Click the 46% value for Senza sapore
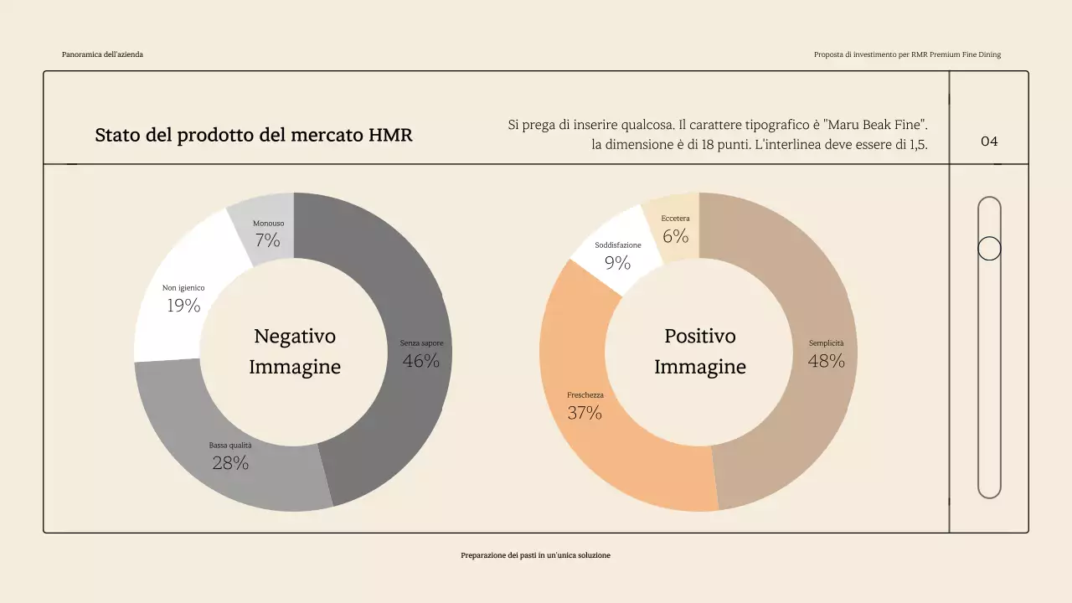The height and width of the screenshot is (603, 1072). pyautogui.click(x=420, y=361)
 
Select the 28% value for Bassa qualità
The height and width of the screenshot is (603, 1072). pyautogui.click(x=230, y=463)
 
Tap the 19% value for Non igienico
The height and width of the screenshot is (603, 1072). pyautogui.click(x=183, y=306)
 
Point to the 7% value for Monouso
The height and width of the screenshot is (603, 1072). pyautogui.click(x=268, y=241)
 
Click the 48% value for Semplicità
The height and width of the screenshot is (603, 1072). pyautogui.click(x=826, y=361)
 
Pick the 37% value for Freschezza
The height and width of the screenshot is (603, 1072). pyautogui.click(x=585, y=413)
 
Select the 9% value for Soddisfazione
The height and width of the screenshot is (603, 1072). pyautogui.click(x=617, y=263)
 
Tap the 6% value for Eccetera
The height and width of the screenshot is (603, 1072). pyautogui.click(x=675, y=236)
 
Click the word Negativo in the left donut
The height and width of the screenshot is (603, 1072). pyautogui.click(x=295, y=336)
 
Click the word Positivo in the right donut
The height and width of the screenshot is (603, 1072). pyautogui.click(x=700, y=336)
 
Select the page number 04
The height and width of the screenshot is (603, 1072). pyautogui.click(x=989, y=141)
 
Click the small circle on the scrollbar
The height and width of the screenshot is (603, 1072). pyautogui.click(x=989, y=249)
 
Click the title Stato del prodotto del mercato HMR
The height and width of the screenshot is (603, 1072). pyautogui.click(x=254, y=135)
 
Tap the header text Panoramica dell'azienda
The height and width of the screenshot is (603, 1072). pyautogui.click(x=102, y=54)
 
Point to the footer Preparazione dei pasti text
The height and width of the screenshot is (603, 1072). pyautogui.click(x=535, y=555)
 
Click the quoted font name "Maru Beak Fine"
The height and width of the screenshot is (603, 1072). pyautogui.click(x=875, y=125)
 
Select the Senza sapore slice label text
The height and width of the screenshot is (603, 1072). pyautogui.click(x=421, y=343)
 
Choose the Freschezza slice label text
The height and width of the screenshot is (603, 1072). pyautogui.click(x=585, y=395)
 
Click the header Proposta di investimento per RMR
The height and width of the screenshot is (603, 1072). pyautogui.click(x=907, y=54)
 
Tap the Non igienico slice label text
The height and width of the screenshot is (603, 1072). pyautogui.click(x=183, y=288)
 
